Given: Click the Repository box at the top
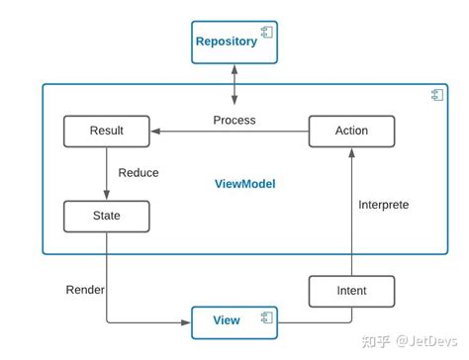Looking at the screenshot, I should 234,42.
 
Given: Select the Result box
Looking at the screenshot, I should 106,131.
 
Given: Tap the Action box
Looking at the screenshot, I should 351,131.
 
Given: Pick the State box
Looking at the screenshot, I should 106,215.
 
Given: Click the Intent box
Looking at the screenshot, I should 351,291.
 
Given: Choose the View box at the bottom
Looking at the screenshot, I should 234,319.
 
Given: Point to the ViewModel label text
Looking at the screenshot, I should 244,184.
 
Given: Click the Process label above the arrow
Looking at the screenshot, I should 234,120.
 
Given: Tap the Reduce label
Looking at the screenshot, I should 139,173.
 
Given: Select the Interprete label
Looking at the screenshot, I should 383,205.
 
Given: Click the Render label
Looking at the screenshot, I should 85,290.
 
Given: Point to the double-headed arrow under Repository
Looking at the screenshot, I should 234,85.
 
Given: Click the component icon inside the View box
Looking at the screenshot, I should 266,318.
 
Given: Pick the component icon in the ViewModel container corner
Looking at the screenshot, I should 435,94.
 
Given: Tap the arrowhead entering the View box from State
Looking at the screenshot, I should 186,320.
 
